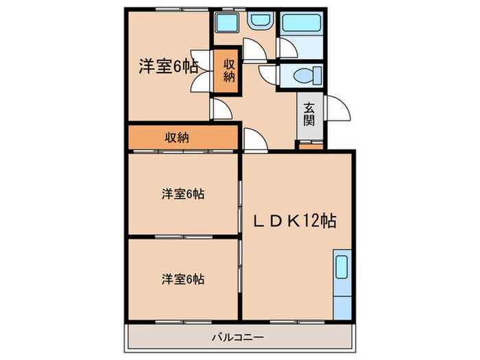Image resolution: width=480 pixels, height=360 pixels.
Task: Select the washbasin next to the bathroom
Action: (x=260, y=21)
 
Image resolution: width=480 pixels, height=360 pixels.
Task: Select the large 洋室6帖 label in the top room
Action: (x=168, y=67)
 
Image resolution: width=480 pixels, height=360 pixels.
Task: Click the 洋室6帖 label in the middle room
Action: (x=182, y=194)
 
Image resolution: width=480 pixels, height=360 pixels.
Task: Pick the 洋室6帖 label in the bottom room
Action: (x=182, y=279)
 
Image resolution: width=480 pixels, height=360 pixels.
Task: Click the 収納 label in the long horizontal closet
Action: (x=176, y=137)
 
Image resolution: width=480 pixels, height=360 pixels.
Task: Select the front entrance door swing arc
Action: (x=337, y=110)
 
